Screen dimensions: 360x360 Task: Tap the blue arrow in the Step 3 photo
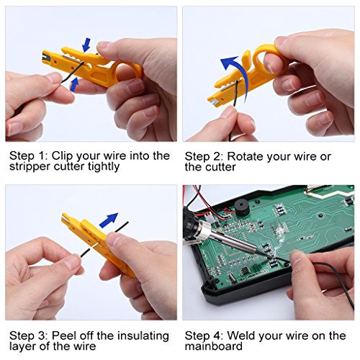pyautogui.click(x=109, y=220)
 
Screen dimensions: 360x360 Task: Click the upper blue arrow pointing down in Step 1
pyautogui.click(x=86, y=45)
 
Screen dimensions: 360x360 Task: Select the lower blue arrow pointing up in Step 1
pyautogui.click(x=75, y=84)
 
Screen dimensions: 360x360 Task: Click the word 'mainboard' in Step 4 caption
pyautogui.click(x=214, y=346)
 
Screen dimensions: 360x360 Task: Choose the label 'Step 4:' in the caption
pyautogui.click(x=204, y=336)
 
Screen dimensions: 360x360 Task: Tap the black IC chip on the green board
pyautogui.click(x=246, y=271)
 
